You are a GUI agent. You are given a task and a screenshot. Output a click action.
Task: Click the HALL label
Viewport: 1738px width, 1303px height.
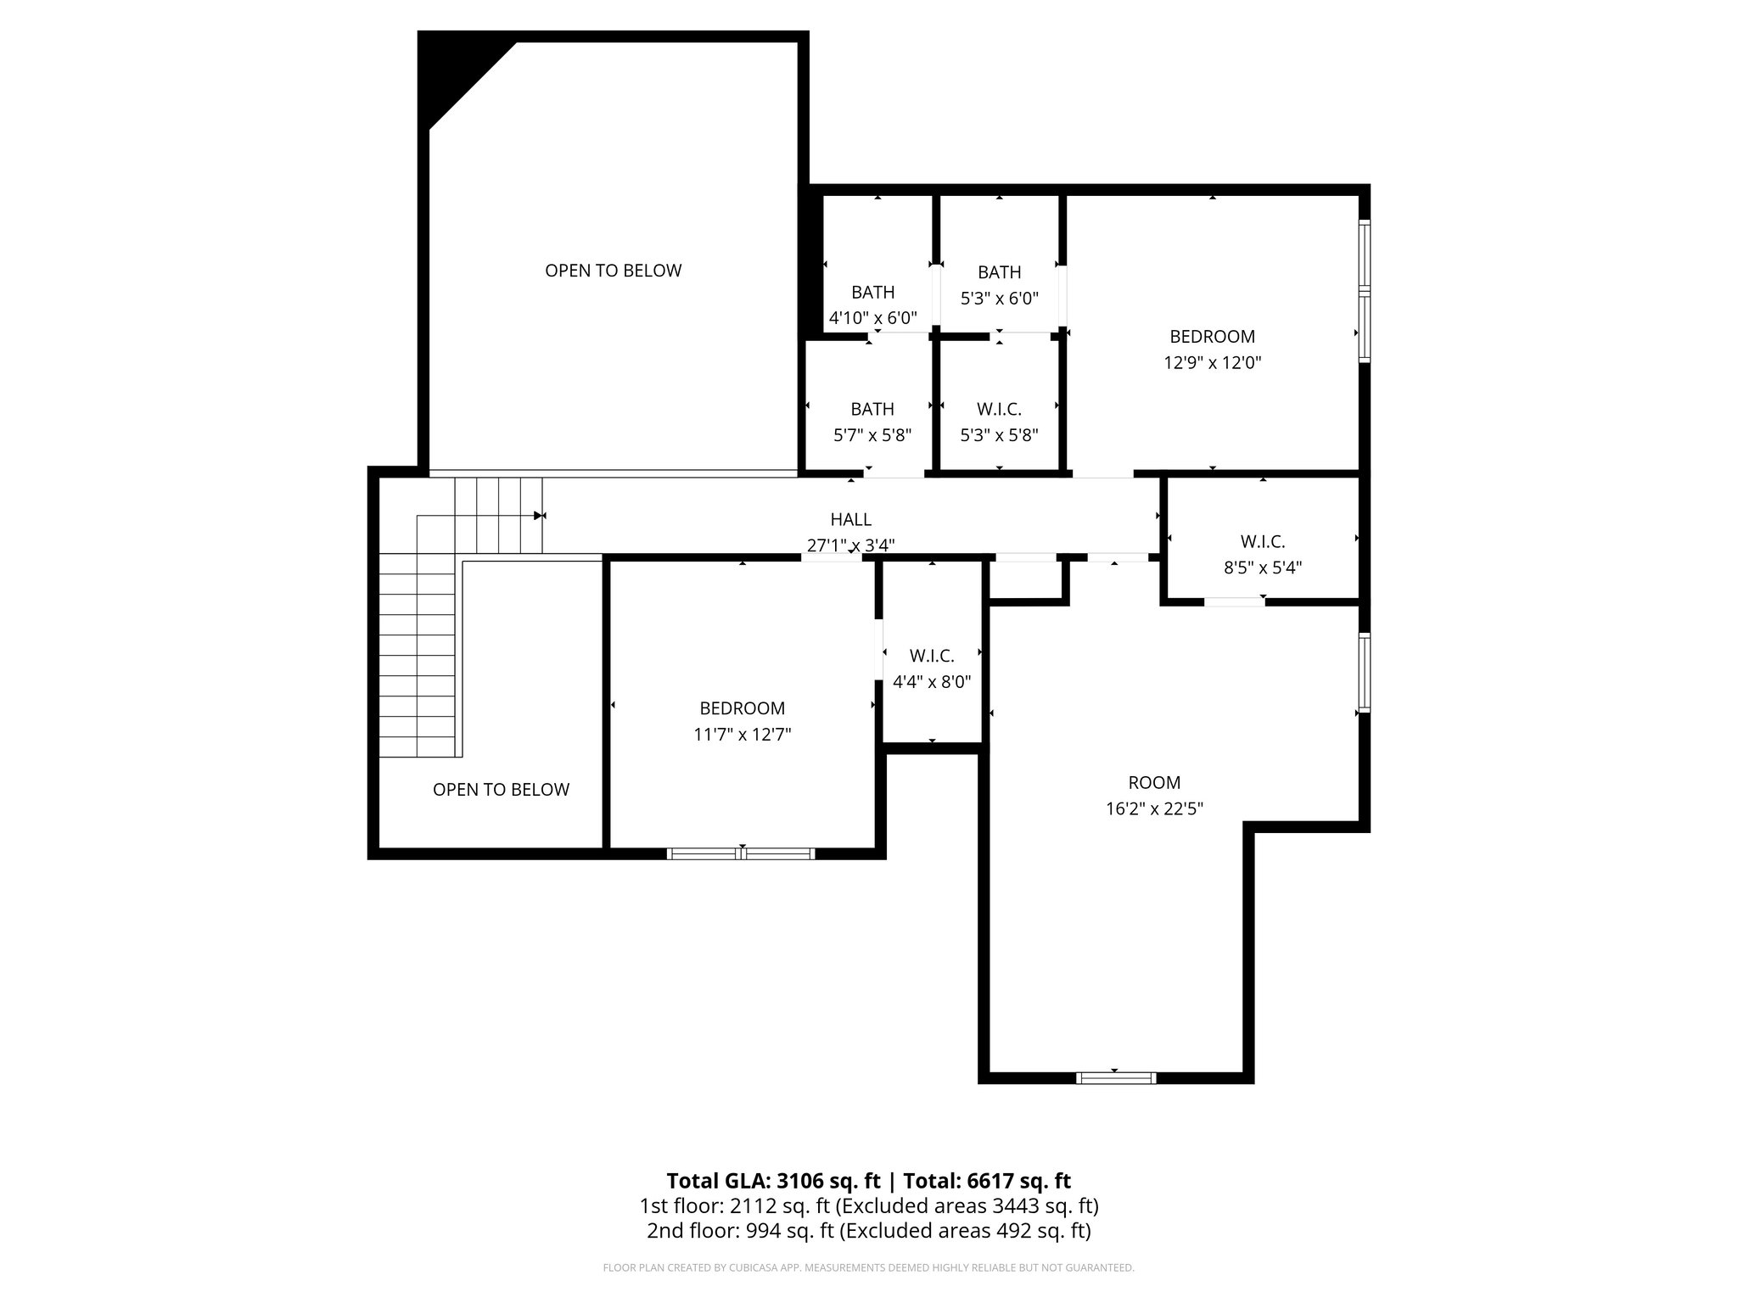[x=850, y=519]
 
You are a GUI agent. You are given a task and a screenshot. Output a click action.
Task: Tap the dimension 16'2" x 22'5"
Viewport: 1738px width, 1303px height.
[x=1154, y=809]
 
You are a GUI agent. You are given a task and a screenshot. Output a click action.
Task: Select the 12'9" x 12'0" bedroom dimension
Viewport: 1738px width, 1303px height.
[x=1212, y=363]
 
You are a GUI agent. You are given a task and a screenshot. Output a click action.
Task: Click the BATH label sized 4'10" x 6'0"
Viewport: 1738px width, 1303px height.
[x=872, y=293]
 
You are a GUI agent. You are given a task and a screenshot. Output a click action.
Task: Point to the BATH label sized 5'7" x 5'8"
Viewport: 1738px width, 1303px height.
[x=872, y=409]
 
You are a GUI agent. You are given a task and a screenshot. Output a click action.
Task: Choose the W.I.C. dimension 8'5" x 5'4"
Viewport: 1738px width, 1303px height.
[x=1263, y=568]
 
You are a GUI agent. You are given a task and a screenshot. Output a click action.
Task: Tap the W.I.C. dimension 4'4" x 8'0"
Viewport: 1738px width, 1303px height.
[x=932, y=682]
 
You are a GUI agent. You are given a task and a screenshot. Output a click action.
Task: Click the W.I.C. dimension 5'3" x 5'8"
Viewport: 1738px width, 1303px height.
[x=999, y=435]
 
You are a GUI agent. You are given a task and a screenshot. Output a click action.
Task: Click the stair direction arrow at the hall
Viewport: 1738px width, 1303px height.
[x=539, y=515]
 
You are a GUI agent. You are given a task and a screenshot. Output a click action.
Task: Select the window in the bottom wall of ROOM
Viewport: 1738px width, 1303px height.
[x=1115, y=1077]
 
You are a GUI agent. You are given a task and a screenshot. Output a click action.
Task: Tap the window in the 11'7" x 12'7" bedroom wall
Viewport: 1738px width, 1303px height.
[x=741, y=853]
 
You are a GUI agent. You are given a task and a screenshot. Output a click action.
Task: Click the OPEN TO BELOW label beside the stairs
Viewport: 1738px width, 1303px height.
[x=501, y=790]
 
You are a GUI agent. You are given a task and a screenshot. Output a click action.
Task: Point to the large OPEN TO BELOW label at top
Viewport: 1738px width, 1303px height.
[x=613, y=271]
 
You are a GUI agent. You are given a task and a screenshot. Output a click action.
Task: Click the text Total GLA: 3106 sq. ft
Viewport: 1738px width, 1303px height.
[x=773, y=1181]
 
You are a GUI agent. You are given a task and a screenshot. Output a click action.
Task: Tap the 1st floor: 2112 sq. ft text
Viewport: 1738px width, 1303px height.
[x=734, y=1205]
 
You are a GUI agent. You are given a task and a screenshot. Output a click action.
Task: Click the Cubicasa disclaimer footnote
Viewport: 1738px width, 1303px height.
[x=868, y=1268]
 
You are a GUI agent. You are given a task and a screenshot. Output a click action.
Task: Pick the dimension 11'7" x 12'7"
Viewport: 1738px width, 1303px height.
[x=742, y=735]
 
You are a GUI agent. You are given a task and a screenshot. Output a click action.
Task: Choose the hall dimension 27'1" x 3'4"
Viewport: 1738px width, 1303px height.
[x=850, y=545]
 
